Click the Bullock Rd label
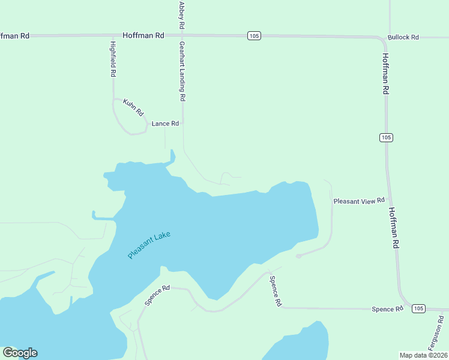(403, 37)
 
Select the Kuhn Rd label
(133, 107)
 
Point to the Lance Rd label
(165, 124)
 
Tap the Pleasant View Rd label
(358, 201)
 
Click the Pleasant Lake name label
(149, 245)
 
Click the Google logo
(20, 353)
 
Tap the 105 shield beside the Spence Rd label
(418, 308)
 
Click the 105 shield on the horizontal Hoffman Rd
(254, 36)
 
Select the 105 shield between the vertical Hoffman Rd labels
(386, 137)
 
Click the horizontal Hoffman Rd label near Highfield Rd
(143, 35)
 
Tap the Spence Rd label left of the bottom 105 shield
(387, 309)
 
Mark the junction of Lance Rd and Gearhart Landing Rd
(182, 124)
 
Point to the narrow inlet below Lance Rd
(173, 157)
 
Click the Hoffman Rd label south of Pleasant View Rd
(394, 228)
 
